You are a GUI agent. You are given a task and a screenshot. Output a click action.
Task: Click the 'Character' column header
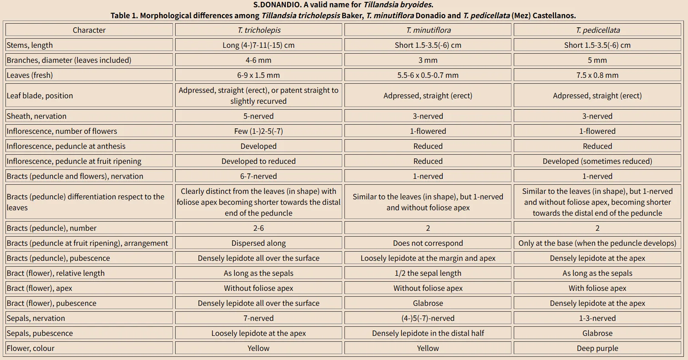tap(89, 30)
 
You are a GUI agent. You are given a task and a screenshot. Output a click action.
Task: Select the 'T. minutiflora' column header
tap(428, 30)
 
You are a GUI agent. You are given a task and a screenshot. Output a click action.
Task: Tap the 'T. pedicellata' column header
tap(597, 30)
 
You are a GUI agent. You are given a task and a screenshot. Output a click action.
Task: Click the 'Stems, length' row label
tap(30, 45)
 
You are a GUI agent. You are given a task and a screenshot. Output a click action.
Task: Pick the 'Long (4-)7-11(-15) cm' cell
tap(258, 45)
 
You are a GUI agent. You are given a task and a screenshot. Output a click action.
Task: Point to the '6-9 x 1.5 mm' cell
tap(258, 75)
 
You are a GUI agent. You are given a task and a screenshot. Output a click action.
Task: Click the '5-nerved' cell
tap(258, 116)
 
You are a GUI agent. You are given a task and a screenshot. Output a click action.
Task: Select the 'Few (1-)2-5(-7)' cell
tap(258, 131)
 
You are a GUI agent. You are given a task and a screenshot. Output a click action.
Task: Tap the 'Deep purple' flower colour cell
tap(597, 348)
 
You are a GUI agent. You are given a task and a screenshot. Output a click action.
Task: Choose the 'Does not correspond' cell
tap(428, 243)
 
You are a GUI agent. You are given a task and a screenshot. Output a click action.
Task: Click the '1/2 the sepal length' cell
tap(428, 273)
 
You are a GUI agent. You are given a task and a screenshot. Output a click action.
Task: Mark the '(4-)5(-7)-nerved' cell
tap(428, 318)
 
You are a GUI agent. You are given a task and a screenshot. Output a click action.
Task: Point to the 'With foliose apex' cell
tap(597, 288)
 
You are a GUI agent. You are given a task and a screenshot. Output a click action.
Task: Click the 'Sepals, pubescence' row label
tap(40, 333)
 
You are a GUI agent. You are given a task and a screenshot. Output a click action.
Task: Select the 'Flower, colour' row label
tap(30, 348)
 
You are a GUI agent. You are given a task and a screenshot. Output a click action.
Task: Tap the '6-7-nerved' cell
tap(258, 176)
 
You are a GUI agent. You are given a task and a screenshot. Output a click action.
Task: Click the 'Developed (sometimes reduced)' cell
tap(597, 161)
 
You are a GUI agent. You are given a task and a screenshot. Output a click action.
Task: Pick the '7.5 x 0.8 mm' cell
tap(597, 75)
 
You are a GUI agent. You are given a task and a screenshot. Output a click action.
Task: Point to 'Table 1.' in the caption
tap(124, 15)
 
